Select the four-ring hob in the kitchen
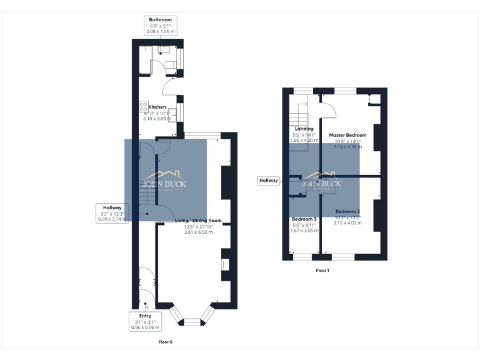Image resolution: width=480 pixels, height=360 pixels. pyautogui.click(x=143, y=106)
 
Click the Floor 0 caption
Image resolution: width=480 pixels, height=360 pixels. pyautogui.click(x=165, y=342)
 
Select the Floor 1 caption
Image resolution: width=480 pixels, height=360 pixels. pyautogui.click(x=322, y=271)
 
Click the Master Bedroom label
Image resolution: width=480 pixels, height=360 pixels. pyautogui.click(x=347, y=135)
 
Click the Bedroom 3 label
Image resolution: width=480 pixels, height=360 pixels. pyautogui.click(x=304, y=219)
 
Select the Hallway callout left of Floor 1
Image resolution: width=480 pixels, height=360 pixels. pyautogui.click(x=268, y=181)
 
